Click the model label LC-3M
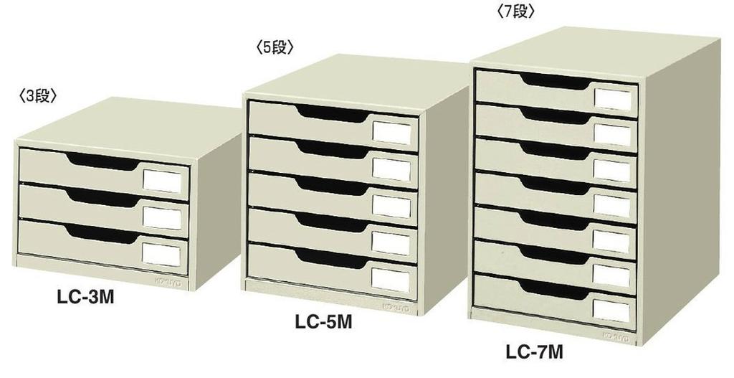coord(86,298)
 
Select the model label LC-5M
coord(323,322)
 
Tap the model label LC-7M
coord(534,351)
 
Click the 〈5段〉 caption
coord(275,47)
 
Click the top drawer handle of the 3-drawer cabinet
coord(103,161)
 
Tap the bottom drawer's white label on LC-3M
coord(161,255)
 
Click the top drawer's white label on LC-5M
coord(392,133)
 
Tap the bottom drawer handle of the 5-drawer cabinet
coord(332,259)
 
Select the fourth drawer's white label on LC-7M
coord(612,206)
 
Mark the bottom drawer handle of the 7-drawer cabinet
coord(554,290)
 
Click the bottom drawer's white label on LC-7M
coord(611,311)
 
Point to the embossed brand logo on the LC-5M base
coord(396,308)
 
